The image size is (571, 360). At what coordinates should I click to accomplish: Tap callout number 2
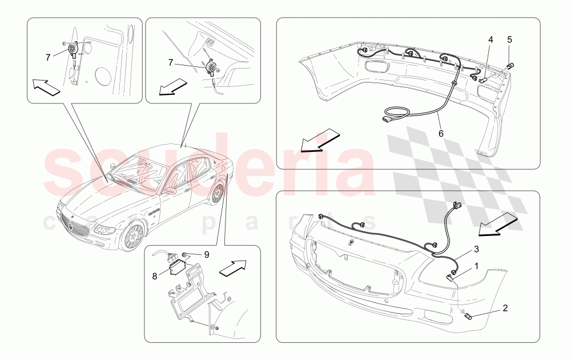505,309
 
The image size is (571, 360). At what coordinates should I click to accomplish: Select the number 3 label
475,250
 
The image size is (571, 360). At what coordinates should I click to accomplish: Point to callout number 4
490,40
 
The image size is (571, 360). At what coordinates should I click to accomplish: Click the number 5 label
509,40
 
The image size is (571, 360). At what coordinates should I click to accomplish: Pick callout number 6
441,133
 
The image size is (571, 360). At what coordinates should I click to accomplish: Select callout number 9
207,254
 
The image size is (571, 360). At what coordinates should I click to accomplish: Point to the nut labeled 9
186,255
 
